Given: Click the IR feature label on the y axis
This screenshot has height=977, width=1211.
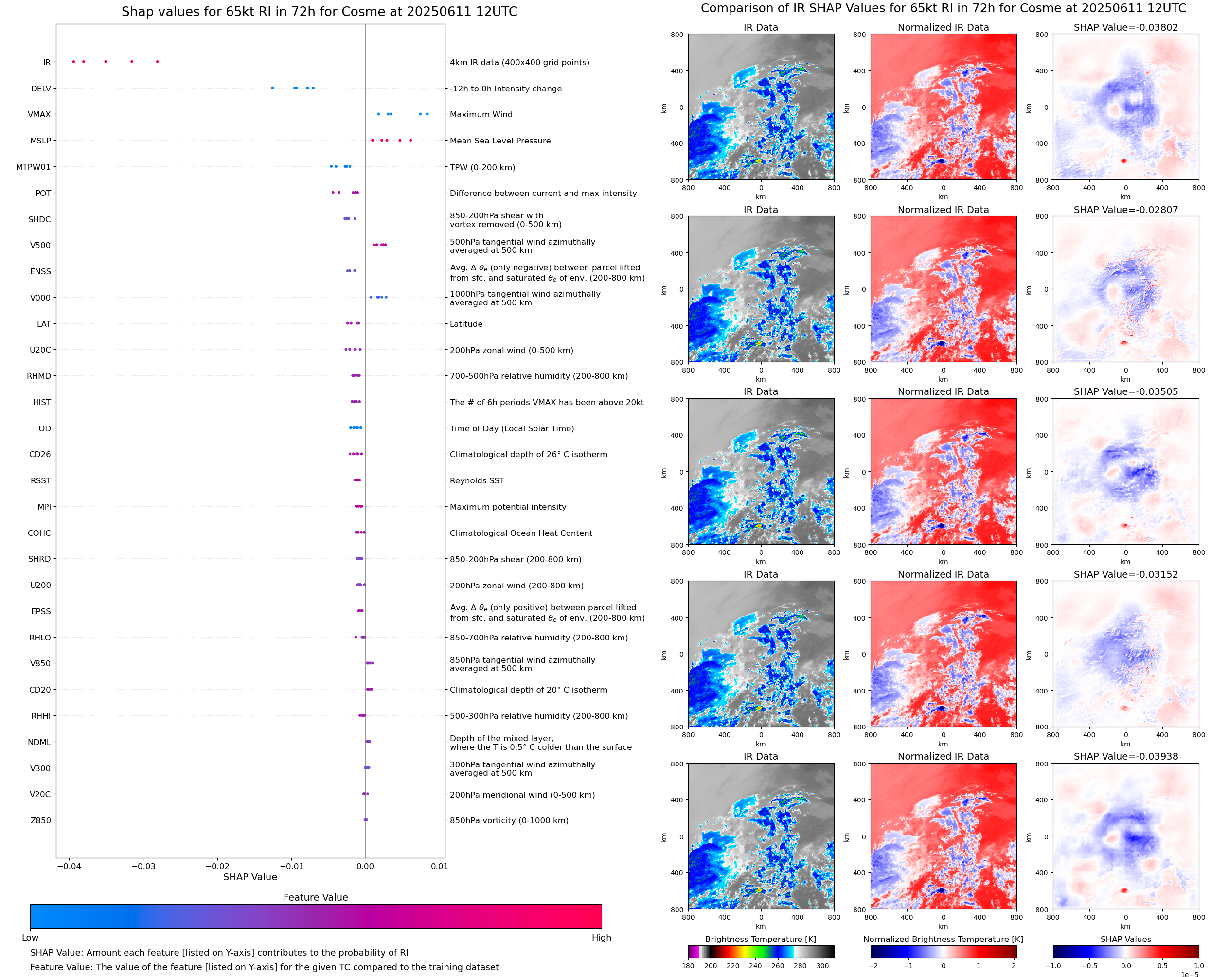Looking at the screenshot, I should click(47, 62).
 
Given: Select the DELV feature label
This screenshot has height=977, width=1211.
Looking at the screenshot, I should click(40, 89).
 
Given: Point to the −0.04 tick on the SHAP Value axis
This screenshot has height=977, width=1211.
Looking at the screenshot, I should click(69, 866).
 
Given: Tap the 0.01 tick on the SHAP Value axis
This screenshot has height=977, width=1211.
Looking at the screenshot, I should click(440, 866).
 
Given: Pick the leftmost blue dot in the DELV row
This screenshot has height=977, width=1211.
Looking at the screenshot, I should click(272, 88).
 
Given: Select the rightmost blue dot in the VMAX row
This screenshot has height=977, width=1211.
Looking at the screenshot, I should click(427, 114).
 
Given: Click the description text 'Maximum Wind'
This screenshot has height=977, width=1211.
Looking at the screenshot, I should click(481, 114).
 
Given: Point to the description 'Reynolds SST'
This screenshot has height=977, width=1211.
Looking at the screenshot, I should click(477, 480).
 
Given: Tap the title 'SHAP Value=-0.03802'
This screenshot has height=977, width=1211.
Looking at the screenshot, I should click(1125, 27).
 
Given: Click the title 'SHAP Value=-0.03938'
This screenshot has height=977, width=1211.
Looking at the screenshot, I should click(1125, 756).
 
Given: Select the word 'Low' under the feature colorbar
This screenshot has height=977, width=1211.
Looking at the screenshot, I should click(30, 938).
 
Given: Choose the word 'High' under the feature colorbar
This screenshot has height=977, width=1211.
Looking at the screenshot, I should click(601, 938).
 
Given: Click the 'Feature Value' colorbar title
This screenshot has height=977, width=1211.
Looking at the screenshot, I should click(316, 897).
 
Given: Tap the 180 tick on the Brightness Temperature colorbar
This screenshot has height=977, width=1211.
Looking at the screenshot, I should click(688, 966).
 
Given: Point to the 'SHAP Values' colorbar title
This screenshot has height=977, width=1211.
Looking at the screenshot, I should click(1125, 939).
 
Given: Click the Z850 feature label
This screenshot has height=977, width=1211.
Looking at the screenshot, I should click(40, 820).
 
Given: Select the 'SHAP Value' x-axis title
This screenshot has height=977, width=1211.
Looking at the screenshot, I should click(250, 877).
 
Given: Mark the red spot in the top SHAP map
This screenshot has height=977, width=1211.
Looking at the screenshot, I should click(1124, 160).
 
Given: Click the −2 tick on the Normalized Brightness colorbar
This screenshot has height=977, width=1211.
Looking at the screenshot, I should click(873, 966).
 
